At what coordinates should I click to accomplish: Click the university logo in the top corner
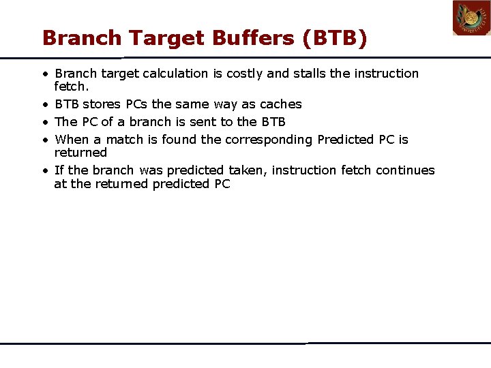[471, 18]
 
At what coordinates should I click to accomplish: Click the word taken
[245, 170]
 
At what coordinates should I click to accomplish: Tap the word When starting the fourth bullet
[72, 140]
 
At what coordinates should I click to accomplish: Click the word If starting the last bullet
[59, 170]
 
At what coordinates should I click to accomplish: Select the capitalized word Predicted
[346, 140]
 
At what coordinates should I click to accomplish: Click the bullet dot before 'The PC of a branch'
[43, 122]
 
